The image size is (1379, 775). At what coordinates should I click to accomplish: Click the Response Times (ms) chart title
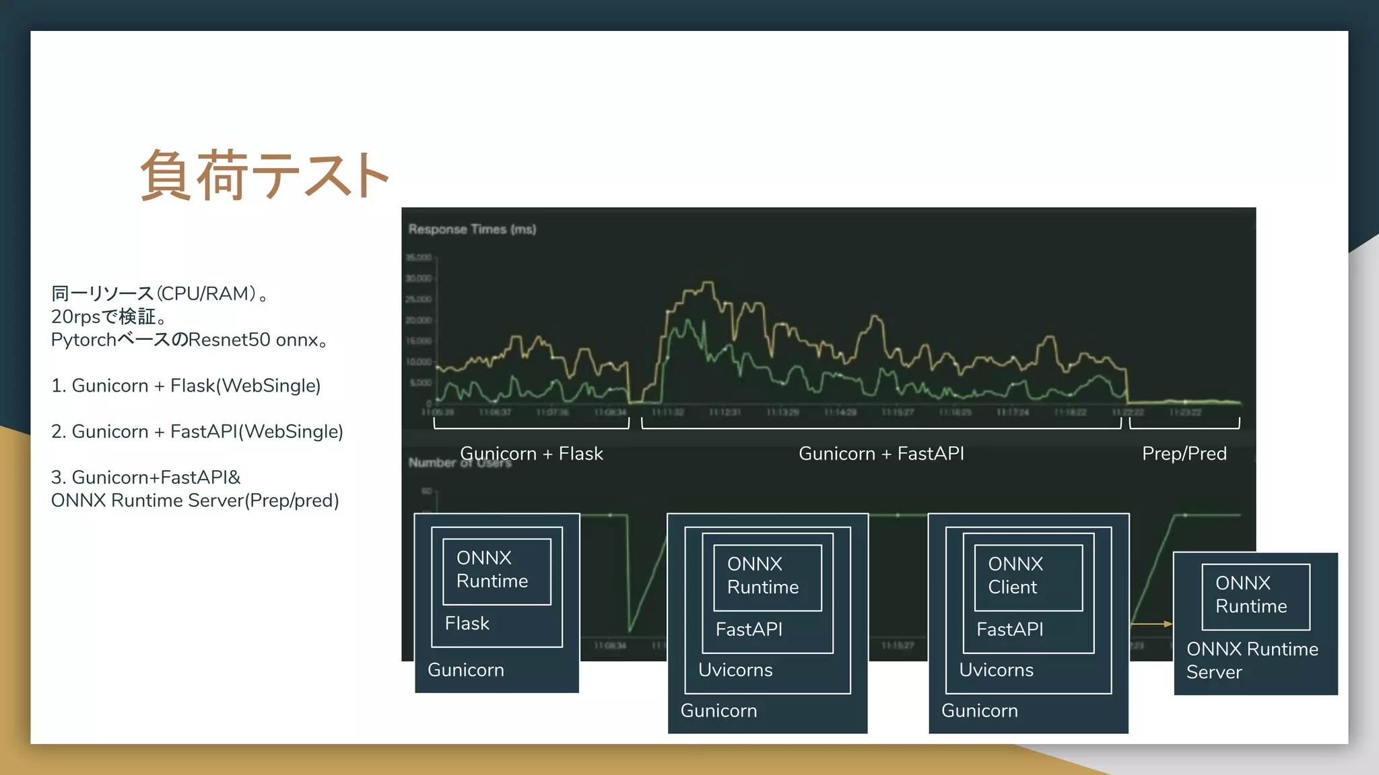point(472,229)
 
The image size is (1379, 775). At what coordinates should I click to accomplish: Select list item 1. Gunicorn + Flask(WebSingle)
point(186,385)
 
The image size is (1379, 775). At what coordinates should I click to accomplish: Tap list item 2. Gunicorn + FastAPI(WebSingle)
point(197,431)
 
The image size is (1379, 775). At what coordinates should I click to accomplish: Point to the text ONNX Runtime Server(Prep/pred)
point(195,501)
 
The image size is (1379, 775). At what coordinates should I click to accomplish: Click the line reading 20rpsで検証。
point(108,316)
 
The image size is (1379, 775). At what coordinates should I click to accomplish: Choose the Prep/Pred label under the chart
point(1184,453)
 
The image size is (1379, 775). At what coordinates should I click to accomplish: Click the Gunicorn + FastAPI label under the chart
point(881,453)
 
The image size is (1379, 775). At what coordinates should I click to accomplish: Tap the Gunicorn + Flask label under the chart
point(531,453)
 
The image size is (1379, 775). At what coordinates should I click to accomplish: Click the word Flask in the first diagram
point(467,624)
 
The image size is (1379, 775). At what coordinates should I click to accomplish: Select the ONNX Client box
point(1028,577)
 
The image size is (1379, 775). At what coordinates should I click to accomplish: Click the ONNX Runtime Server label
point(1252,660)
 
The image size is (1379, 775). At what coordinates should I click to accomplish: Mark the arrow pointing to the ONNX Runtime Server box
point(1151,624)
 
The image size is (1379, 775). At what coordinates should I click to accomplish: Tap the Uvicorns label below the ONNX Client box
point(996,670)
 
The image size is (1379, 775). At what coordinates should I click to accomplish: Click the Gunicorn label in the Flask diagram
point(465,670)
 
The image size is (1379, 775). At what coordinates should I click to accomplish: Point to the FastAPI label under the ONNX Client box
point(1009,630)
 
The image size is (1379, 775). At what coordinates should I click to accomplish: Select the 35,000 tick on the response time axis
point(418,258)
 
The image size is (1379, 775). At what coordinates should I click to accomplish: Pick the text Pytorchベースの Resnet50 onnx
point(189,340)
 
